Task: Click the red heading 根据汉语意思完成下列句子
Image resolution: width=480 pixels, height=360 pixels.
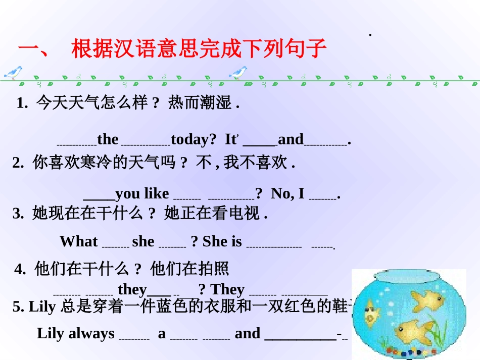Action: point(199,49)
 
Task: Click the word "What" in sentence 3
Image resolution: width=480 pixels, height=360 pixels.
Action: point(78,241)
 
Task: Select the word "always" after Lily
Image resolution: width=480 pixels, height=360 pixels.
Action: point(91,333)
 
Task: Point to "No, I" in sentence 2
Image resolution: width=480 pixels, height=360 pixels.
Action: point(287,193)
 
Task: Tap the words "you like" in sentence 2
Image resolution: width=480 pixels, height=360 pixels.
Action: point(142,193)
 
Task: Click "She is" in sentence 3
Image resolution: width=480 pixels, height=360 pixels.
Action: point(222,241)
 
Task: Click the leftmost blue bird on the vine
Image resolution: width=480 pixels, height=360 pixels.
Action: point(14,72)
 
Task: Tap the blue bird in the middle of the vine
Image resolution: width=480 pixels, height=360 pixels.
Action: point(238,72)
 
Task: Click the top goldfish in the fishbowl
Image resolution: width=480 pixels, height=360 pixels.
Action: point(427,299)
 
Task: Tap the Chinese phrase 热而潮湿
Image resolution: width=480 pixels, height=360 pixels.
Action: point(199,104)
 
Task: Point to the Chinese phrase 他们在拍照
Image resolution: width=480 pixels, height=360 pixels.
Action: point(189,269)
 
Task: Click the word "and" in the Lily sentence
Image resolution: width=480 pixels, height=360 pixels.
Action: point(248,333)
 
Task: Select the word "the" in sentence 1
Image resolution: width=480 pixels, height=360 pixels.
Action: point(108,139)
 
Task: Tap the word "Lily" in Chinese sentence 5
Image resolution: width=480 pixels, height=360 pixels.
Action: point(42,306)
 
